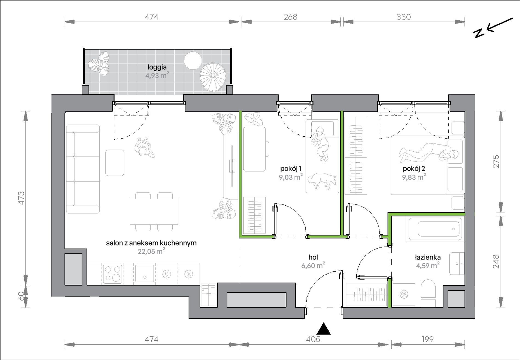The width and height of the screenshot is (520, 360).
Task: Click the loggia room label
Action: pyautogui.click(x=157, y=67)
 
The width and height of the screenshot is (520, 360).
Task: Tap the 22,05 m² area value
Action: pyautogui.click(x=151, y=251)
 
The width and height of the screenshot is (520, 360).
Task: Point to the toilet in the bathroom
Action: pyautogui.click(x=428, y=293)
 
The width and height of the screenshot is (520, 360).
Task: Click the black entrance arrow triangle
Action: pyautogui.click(x=324, y=329)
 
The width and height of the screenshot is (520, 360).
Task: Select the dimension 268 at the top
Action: pyautogui.click(x=290, y=17)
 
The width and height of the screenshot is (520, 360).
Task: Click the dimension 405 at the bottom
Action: pyautogui.click(x=313, y=339)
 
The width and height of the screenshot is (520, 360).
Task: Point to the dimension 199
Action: pyautogui.click(x=427, y=339)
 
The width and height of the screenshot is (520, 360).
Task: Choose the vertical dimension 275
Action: pyautogui.click(x=496, y=162)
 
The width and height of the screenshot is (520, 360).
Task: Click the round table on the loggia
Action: pyautogui.click(x=193, y=61)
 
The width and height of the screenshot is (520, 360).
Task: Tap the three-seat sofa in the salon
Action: pyautogui.click(x=83, y=169)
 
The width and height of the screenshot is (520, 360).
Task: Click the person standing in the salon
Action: pyautogui.click(x=145, y=148)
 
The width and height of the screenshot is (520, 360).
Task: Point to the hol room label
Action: pyautogui.click(x=313, y=257)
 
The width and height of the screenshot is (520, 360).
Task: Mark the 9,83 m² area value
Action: pyautogui.click(x=414, y=177)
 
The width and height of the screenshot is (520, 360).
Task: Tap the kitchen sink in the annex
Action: pyautogui.click(x=145, y=273)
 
